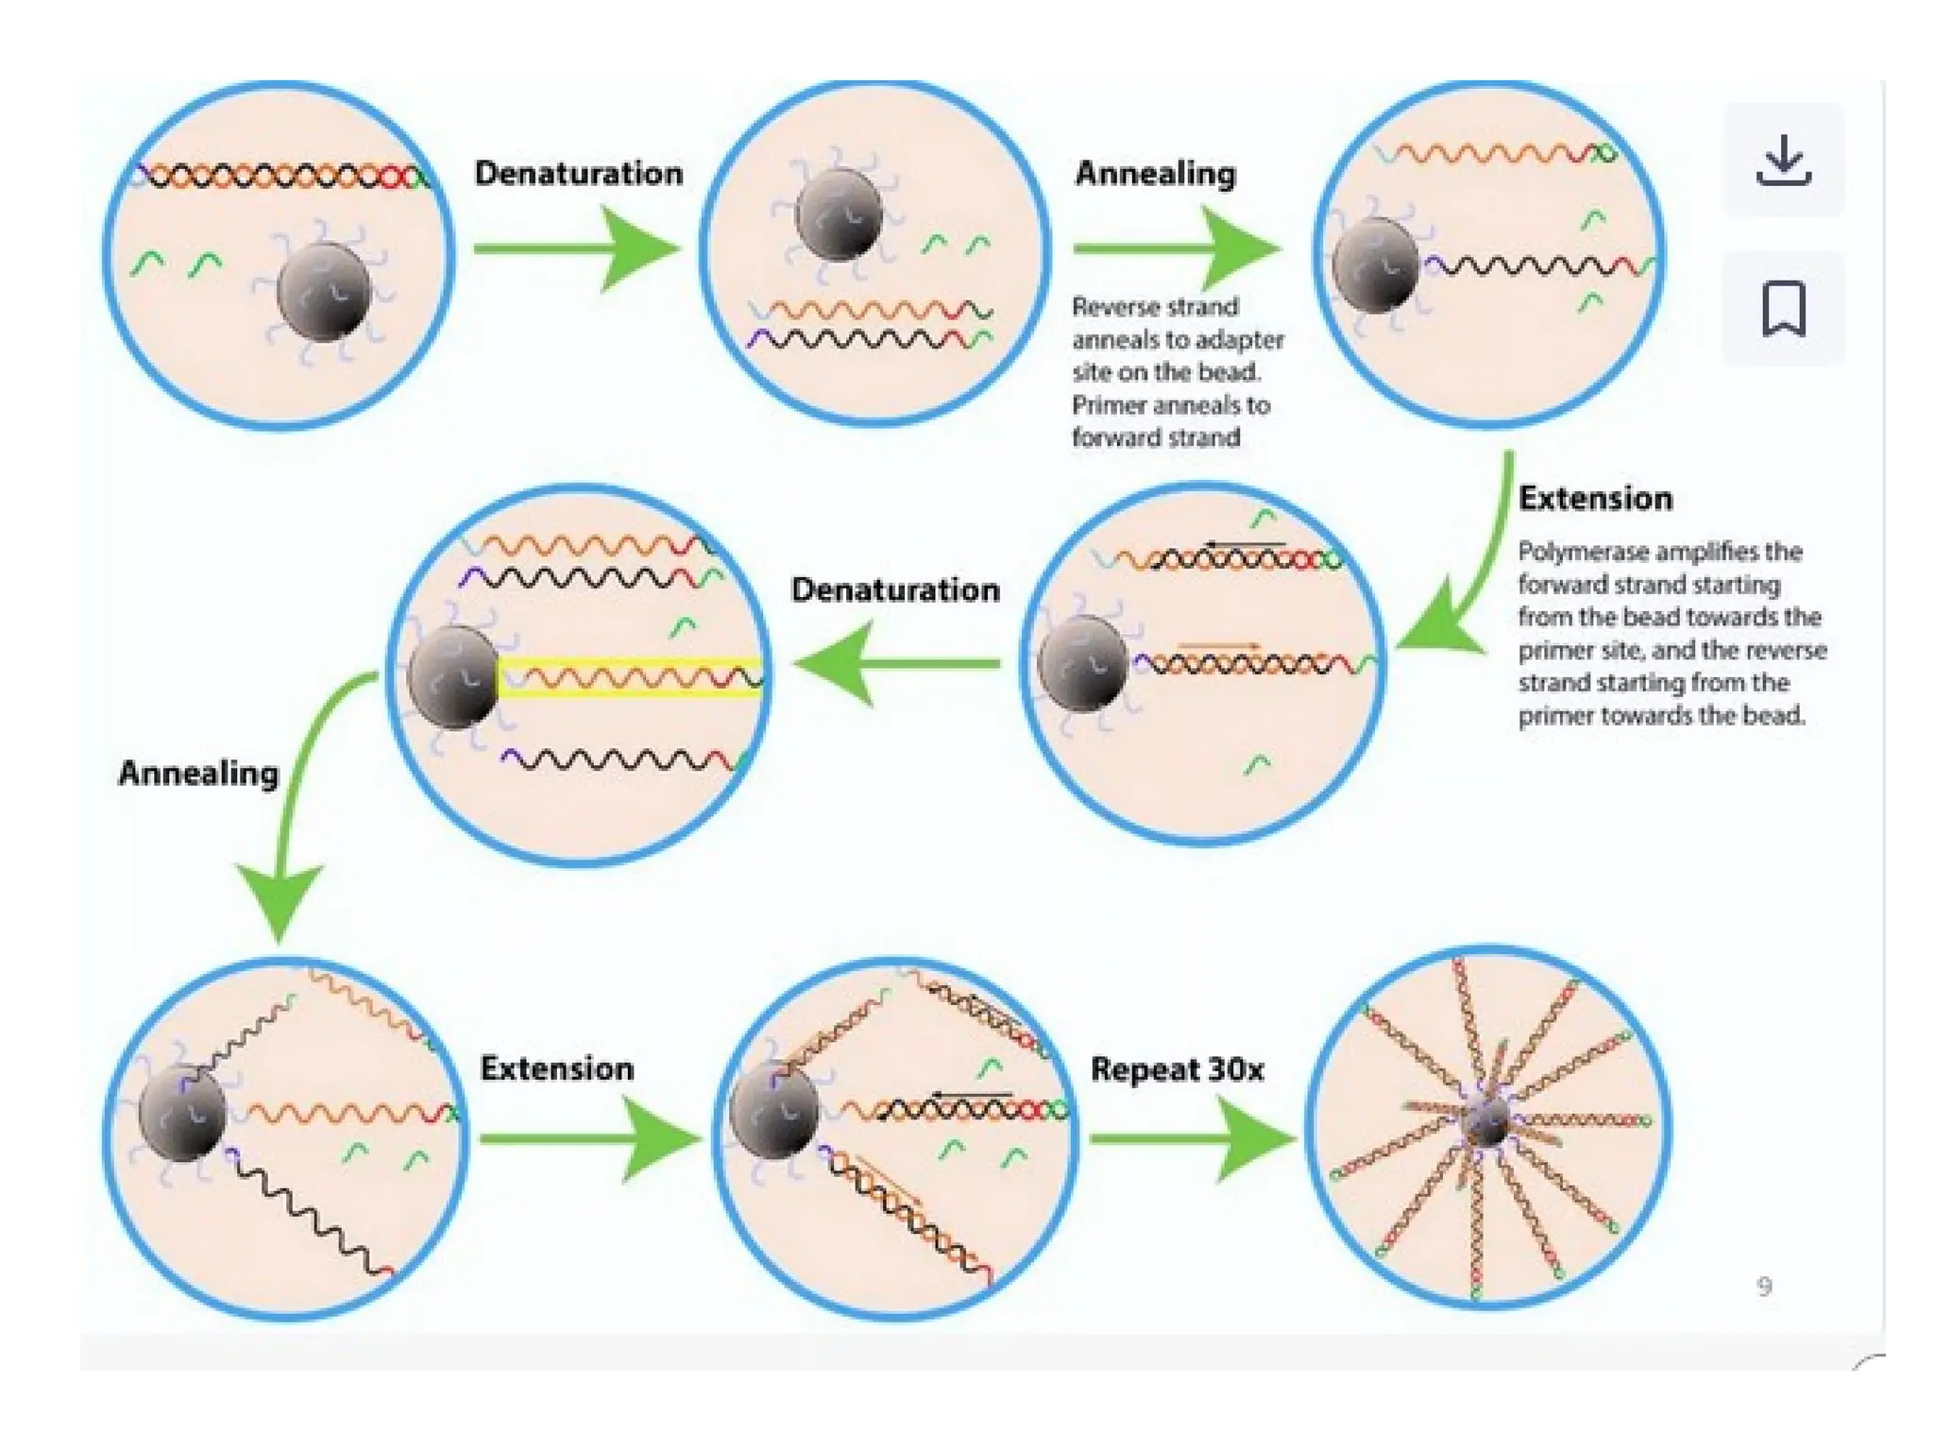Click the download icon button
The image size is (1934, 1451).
coord(1783,161)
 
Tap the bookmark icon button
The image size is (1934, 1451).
coord(1783,308)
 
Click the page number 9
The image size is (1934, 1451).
coord(1763,1286)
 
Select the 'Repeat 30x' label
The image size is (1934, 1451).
coord(1177,1069)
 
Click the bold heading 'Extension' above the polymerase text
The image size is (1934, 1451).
coord(1595,498)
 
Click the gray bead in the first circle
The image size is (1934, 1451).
coord(324,291)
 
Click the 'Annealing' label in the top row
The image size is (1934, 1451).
coord(1155,173)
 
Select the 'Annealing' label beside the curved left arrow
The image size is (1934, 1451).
coord(198,773)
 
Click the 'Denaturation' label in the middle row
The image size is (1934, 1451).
coord(895,589)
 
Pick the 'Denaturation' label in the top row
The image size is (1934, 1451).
coord(578,173)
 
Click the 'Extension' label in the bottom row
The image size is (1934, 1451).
coord(556,1068)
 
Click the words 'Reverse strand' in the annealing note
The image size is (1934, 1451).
coord(1154,307)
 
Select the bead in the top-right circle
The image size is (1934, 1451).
coord(1375,265)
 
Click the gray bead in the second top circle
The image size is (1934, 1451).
coord(839,214)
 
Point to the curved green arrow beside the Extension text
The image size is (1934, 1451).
coord(1473,576)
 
